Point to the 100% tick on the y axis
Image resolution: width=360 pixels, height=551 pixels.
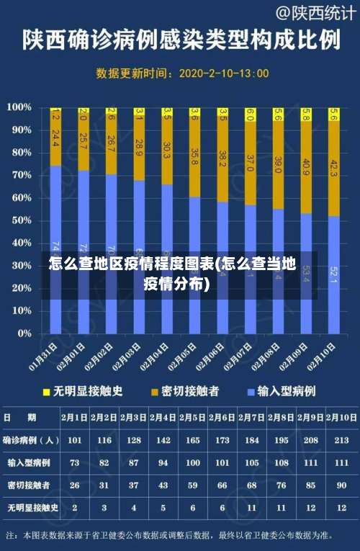click(19, 107)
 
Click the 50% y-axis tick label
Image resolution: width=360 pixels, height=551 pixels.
click(21, 220)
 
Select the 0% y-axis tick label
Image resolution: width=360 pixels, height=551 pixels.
click(24, 334)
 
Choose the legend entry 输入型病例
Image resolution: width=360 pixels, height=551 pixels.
click(287, 391)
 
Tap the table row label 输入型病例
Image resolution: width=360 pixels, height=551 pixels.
click(30, 462)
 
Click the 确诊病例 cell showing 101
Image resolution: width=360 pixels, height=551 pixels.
click(74, 439)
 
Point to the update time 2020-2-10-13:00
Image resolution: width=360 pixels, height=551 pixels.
click(223, 73)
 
